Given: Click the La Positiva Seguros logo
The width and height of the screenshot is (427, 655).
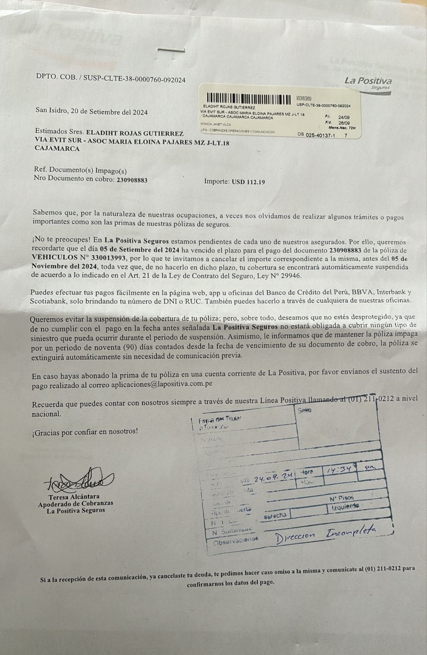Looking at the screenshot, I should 368,83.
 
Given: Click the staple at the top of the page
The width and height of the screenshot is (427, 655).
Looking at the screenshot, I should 171,50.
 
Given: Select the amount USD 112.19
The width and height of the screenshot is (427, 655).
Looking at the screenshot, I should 248,182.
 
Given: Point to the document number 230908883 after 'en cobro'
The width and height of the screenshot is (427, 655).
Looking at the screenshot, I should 132,180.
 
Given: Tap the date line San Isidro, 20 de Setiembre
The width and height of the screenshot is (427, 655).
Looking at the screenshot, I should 92,112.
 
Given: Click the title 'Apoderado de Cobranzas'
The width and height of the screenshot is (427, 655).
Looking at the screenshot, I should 76,504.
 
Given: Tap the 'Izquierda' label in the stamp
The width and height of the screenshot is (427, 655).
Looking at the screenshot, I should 345,507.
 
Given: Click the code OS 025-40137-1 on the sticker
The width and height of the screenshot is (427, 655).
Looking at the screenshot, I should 317,134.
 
